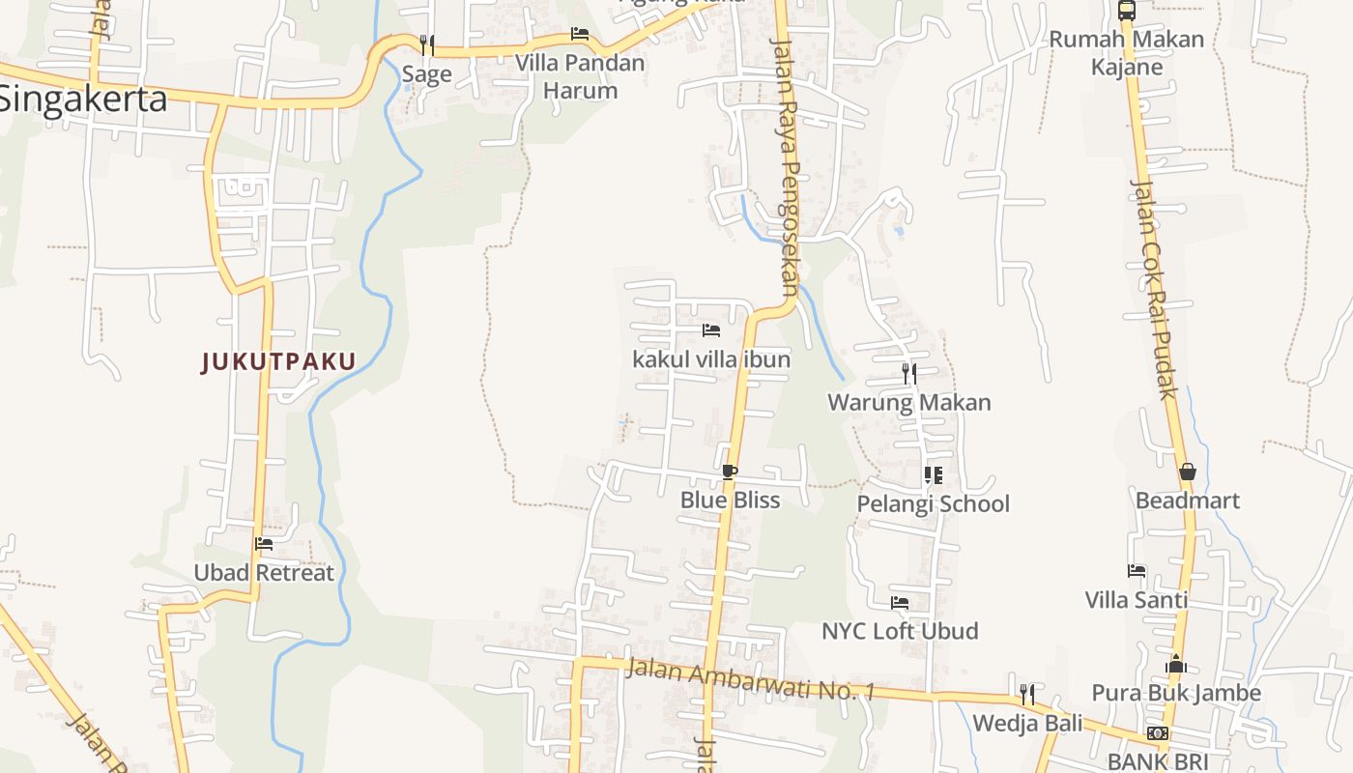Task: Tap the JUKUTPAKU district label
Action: pyautogui.click(x=278, y=362)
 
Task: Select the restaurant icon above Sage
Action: pyautogui.click(x=426, y=45)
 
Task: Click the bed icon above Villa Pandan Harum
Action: pyautogui.click(x=580, y=34)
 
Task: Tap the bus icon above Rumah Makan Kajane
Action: pyautogui.click(x=1127, y=11)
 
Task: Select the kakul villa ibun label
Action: pyautogui.click(x=711, y=359)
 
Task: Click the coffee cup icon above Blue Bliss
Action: pyautogui.click(x=730, y=472)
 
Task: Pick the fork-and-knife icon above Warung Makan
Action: pyautogui.click(x=908, y=373)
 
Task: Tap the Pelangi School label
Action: pyautogui.click(x=933, y=503)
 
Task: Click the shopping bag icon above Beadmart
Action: pyautogui.click(x=1187, y=472)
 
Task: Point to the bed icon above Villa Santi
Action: pyautogui.click(x=1137, y=571)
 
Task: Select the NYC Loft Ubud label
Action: pyautogui.click(x=900, y=631)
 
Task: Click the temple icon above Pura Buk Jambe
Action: pyautogui.click(x=1176, y=664)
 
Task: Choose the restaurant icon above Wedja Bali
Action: pyautogui.click(x=1027, y=694)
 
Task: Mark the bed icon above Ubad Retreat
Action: pyautogui.click(x=264, y=544)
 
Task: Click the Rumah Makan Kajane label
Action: pyautogui.click(x=1127, y=52)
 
